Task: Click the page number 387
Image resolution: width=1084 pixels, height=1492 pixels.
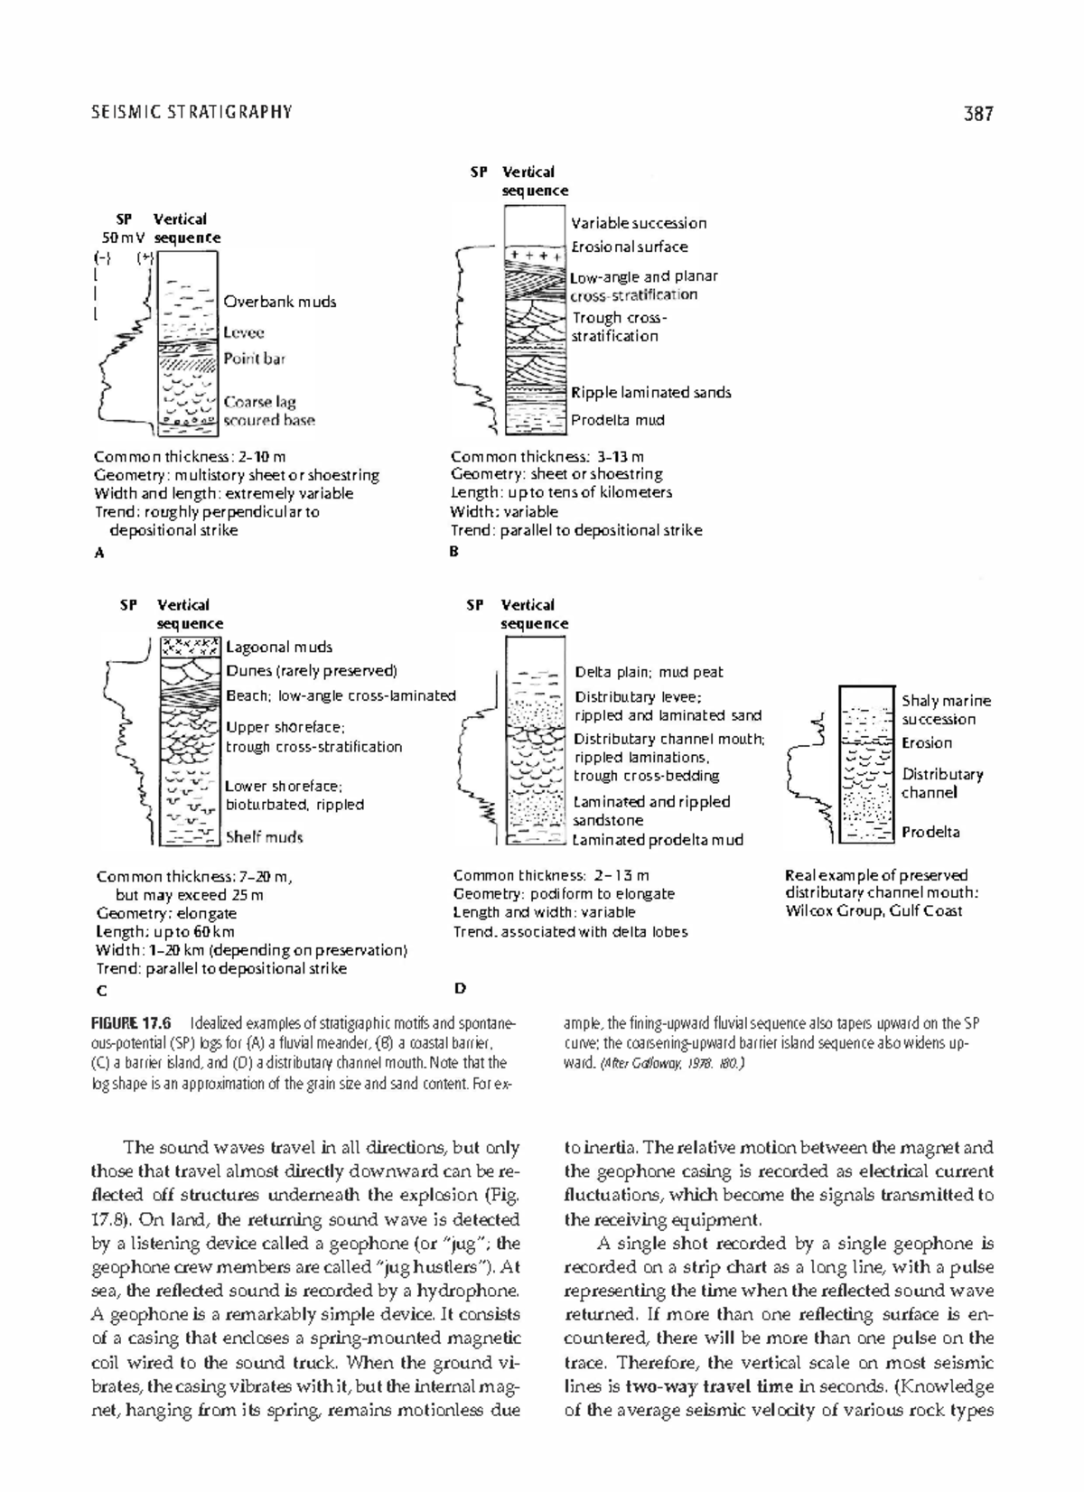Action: point(977,113)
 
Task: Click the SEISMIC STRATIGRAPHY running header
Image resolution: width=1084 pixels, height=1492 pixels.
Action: point(192,112)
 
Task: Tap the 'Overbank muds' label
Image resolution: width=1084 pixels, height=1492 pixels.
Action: point(280,302)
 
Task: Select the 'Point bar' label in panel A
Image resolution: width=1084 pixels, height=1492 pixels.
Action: point(254,359)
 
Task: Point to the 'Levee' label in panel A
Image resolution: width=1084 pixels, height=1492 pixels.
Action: point(244,332)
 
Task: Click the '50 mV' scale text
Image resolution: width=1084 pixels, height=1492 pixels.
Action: point(123,238)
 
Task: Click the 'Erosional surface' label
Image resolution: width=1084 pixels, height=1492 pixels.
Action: point(629,247)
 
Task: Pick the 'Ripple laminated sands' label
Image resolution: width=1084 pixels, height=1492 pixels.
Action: point(650,392)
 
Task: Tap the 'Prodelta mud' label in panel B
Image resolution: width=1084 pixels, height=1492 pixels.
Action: point(618,420)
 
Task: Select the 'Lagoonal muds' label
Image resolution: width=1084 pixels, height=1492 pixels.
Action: point(279,647)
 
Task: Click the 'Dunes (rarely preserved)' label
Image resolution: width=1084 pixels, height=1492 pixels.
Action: point(312,671)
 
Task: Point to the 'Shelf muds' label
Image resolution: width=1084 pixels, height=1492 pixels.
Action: point(264,837)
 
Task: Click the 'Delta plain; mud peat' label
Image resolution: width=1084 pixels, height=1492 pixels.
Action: point(649,672)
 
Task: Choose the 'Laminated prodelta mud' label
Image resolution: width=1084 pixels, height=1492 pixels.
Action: point(658,840)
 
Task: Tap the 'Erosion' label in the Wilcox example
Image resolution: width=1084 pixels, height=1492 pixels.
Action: point(927,743)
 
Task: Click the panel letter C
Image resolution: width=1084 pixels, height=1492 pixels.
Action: point(101,990)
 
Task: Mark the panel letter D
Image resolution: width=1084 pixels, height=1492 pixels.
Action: point(459,988)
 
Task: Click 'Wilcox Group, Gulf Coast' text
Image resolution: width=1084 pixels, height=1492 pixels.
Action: point(874,910)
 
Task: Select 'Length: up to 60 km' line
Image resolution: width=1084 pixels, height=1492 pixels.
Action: point(165,931)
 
